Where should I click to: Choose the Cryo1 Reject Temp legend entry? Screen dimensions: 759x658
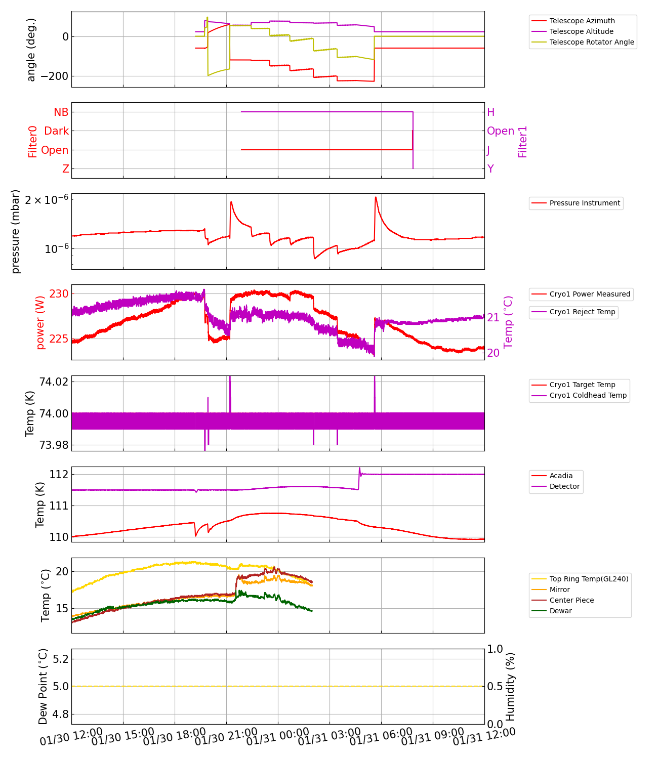point(582,312)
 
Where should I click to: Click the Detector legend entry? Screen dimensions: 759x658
point(564,486)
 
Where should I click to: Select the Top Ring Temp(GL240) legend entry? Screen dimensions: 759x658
point(589,579)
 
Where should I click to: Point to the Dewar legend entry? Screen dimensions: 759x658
point(560,611)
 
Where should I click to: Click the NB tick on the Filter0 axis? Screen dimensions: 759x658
point(61,112)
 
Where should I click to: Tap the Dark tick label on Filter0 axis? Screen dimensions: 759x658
point(56,131)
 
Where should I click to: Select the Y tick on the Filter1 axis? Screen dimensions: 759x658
point(490,169)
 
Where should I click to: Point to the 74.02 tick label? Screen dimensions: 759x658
point(54,382)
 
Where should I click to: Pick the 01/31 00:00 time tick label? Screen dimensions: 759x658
point(277,737)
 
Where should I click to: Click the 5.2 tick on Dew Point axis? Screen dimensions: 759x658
point(60,659)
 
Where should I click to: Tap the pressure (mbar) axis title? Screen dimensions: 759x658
point(16,231)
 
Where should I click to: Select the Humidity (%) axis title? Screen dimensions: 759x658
point(510,687)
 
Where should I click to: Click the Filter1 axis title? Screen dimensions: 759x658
point(523,142)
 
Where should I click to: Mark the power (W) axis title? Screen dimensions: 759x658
point(40,322)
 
